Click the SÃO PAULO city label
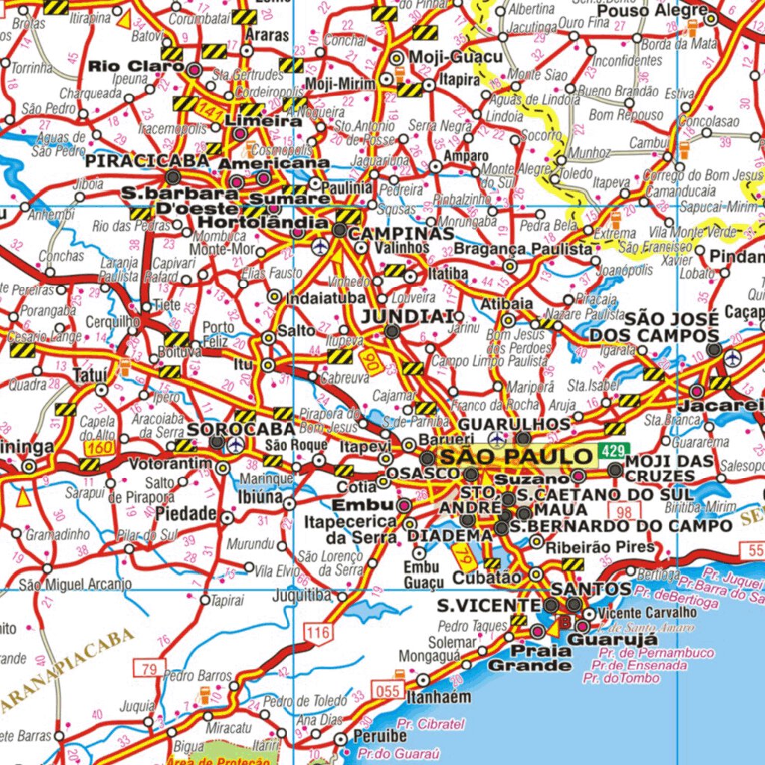(515, 456)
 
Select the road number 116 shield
(318, 634)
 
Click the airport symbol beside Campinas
(321, 246)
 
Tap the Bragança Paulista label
(523, 249)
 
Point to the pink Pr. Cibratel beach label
(431, 724)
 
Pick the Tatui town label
(91, 374)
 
